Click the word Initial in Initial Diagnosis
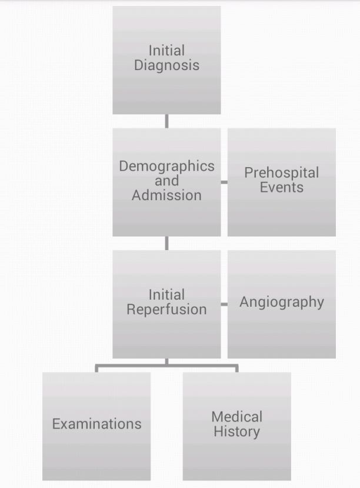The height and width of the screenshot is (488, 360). (166, 51)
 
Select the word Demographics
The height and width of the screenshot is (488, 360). (166, 167)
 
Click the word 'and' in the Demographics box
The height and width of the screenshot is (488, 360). (166, 181)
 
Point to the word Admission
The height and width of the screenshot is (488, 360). (166, 195)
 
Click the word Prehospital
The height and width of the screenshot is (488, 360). (282, 173)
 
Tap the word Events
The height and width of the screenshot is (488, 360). (282, 187)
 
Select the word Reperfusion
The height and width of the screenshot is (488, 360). (166, 310)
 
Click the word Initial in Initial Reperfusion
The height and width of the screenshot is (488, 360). (166, 295)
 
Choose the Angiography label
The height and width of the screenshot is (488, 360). (282, 303)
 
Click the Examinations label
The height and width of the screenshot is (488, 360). (96, 424)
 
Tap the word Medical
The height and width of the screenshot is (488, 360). (237, 417)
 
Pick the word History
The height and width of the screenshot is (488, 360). (237, 432)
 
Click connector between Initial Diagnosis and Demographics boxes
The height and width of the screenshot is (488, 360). (166, 121)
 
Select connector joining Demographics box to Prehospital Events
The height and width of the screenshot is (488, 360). (224, 182)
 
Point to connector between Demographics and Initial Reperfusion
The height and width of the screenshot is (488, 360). (166, 243)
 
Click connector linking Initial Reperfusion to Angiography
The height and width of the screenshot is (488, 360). (224, 304)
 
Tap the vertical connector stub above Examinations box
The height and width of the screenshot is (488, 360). (96, 369)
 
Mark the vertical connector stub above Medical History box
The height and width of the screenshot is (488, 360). (237, 369)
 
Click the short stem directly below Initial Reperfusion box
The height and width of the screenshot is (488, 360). (166, 361)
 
